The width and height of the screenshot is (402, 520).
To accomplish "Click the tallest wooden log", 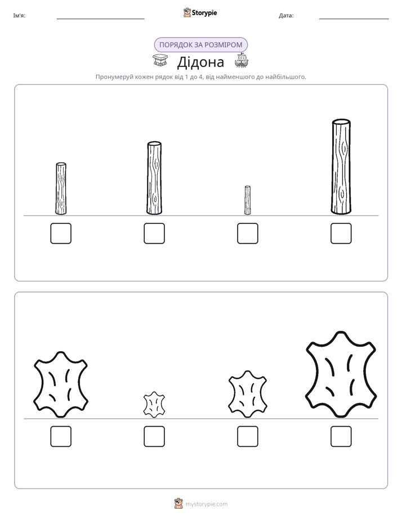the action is coord(341,167).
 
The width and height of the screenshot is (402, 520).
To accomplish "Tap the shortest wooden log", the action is coord(247,200).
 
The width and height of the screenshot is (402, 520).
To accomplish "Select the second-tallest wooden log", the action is coord(154,178).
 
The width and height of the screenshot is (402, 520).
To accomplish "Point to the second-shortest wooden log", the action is coord(61,189).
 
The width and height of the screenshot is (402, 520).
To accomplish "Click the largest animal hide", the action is coord(341,374).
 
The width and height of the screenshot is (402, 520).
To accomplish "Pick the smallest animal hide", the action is coord(154,405).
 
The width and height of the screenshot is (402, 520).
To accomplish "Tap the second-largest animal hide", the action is coord(61,384).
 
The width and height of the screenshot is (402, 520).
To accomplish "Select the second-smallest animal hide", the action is coord(247,394).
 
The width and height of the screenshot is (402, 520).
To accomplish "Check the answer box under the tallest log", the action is coord(341,234).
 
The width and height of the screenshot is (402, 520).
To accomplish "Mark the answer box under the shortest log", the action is coord(247,234).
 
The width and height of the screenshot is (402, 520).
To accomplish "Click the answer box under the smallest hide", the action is coord(154,437).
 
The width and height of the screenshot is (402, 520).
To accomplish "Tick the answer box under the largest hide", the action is coord(341,437).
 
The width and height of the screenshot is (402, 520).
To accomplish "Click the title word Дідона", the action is coord(200,62).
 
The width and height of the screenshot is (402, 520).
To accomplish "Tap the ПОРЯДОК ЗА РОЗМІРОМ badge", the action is coord(200,45).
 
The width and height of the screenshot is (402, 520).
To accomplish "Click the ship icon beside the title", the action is coord(242,60).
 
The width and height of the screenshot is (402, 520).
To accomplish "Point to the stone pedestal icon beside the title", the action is coord(160,60).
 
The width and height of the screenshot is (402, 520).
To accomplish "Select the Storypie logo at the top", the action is coord(200,12).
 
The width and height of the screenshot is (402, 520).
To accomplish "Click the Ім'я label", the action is coord(19,16).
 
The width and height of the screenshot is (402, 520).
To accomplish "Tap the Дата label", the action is coord(286,16).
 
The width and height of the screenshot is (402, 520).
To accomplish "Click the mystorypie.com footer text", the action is coord(206,504).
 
